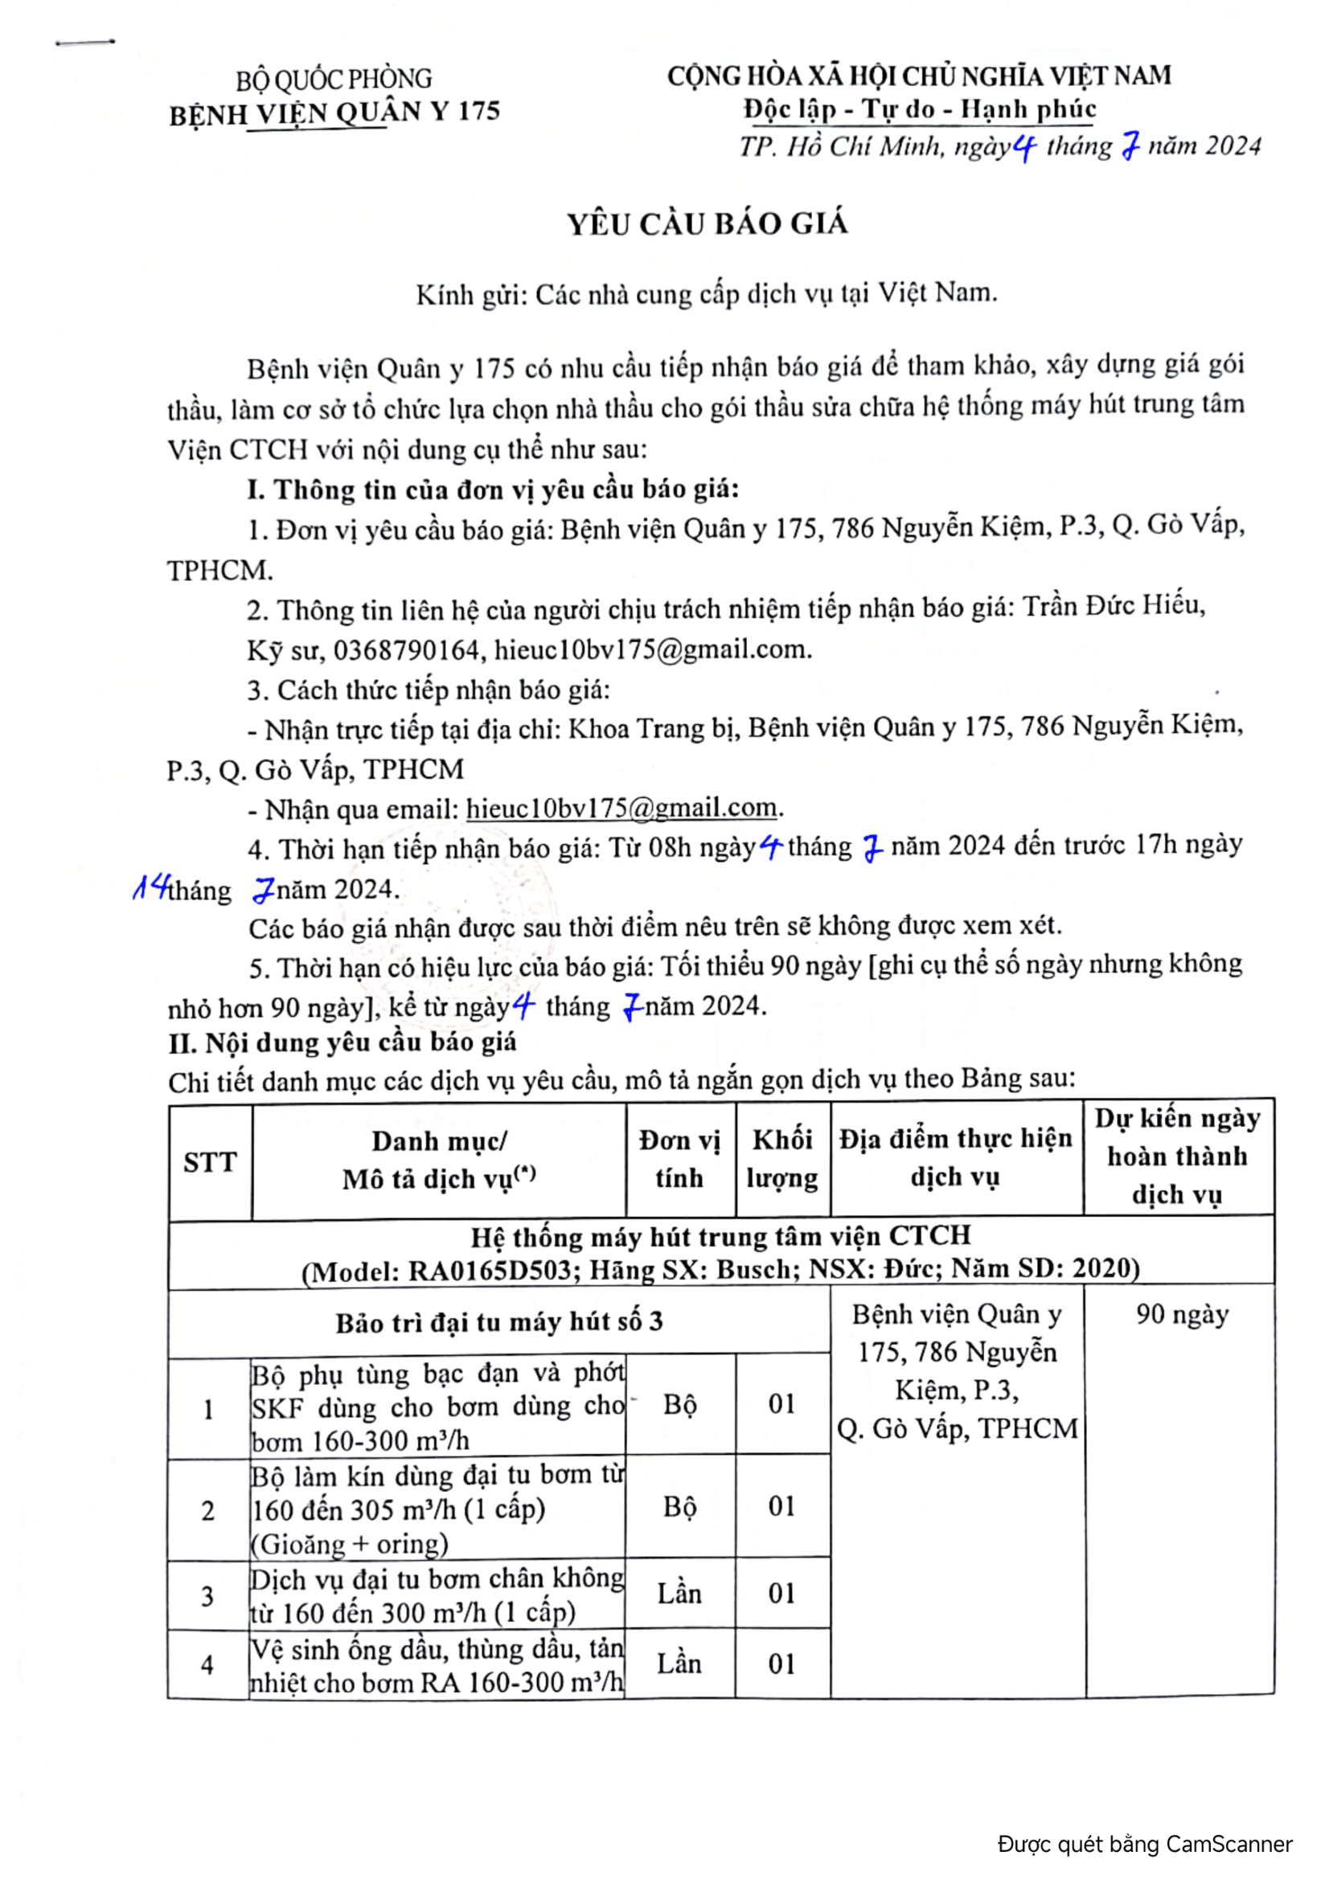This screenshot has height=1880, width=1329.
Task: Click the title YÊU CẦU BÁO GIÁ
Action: [x=708, y=223]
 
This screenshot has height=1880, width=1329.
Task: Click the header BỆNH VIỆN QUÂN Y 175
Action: [x=334, y=113]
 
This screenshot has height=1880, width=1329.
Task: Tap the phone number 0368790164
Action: [x=406, y=649]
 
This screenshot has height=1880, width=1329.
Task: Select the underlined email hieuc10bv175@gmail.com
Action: [x=621, y=808]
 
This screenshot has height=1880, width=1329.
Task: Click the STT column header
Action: [x=210, y=1162]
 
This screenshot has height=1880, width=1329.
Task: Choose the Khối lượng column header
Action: [x=782, y=1159]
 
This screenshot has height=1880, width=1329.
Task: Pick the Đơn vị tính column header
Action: [x=679, y=1159]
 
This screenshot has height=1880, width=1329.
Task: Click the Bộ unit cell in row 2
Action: [x=679, y=1506]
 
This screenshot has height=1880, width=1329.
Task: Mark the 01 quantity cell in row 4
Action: [x=782, y=1663]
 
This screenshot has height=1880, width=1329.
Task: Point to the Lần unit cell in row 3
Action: [x=679, y=1593]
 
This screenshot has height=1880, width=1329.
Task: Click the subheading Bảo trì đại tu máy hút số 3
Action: [x=498, y=1321]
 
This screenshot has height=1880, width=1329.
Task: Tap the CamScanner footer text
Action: [x=1145, y=1844]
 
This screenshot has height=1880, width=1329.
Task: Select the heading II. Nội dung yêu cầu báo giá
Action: [x=343, y=1042]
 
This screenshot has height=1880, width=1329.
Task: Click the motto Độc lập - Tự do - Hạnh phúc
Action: [x=919, y=109]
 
